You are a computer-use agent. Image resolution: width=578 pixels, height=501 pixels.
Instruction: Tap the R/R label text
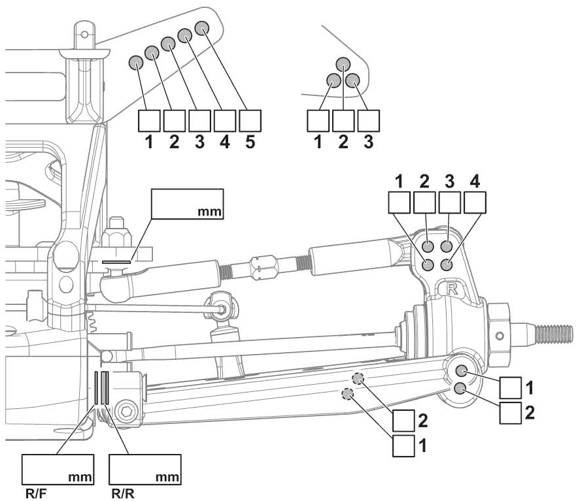pos(122,493)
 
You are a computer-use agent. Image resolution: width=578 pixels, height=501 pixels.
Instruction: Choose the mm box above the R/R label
pos(144,469)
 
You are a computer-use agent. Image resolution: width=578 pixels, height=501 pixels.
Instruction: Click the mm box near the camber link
pos(187,204)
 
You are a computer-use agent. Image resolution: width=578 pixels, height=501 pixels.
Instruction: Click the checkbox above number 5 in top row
pos(250,121)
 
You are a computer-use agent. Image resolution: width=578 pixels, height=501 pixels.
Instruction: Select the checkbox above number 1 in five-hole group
pos(149,121)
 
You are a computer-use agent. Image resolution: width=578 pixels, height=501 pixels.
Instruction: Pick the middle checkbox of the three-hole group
pos(343,121)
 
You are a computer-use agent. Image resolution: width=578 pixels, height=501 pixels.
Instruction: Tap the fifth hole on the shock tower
pos(201,28)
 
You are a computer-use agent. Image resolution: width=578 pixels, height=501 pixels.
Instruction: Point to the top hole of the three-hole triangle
pos(344,64)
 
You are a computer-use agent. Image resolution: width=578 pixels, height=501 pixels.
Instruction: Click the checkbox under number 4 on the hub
pos(474,203)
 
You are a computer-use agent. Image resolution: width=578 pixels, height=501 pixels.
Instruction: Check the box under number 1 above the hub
pos(400,203)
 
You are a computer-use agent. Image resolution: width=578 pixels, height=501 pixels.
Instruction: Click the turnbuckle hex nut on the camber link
pos(264,267)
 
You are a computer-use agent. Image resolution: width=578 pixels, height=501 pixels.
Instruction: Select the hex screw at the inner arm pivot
pos(127,412)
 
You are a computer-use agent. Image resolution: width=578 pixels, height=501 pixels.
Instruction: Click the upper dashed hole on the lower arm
pos(358,378)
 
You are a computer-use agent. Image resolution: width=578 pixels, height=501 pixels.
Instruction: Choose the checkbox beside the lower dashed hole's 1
pos(403,446)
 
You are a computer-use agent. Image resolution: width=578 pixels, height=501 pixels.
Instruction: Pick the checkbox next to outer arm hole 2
pos(511,413)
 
